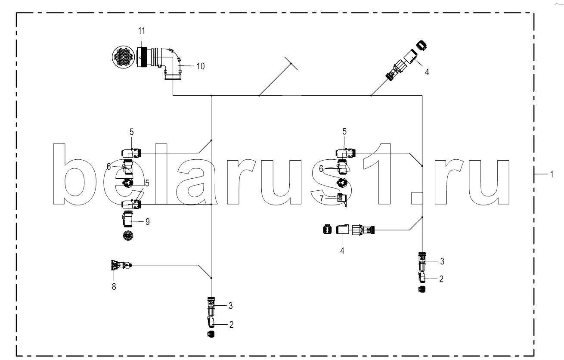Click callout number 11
pyautogui.click(x=142, y=31)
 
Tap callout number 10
pyautogui.click(x=201, y=66)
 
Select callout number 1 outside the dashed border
pyautogui.click(x=552, y=174)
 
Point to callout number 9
pyautogui.click(x=148, y=222)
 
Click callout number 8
pyautogui.click(x=114, y=286)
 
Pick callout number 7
pyautogui.click(x=321, y=199)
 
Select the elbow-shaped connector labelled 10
pyautogui.click(x=169, y=63)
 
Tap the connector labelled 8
pyautogui.click(x=121, y=265)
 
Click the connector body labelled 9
pyautogui.click(x=128, y=219)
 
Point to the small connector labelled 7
pyautogui.click(x=342, y=199)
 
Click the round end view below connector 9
pyautogui.click(x=128, y=236)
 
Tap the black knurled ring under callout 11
pyautogui.click(x=144, y=57)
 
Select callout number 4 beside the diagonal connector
pyautogui.click(x=427, y=72)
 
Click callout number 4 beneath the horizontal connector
pyautogui.click(x=342, y=251)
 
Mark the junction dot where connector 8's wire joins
pyautogui.click(x=211, y=278)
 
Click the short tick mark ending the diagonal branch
pyautogui.click(x=291, y=63)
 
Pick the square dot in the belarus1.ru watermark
pyautogui.click(x=417, y=198)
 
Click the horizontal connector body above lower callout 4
pyautogui.click(x=355, y=230)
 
